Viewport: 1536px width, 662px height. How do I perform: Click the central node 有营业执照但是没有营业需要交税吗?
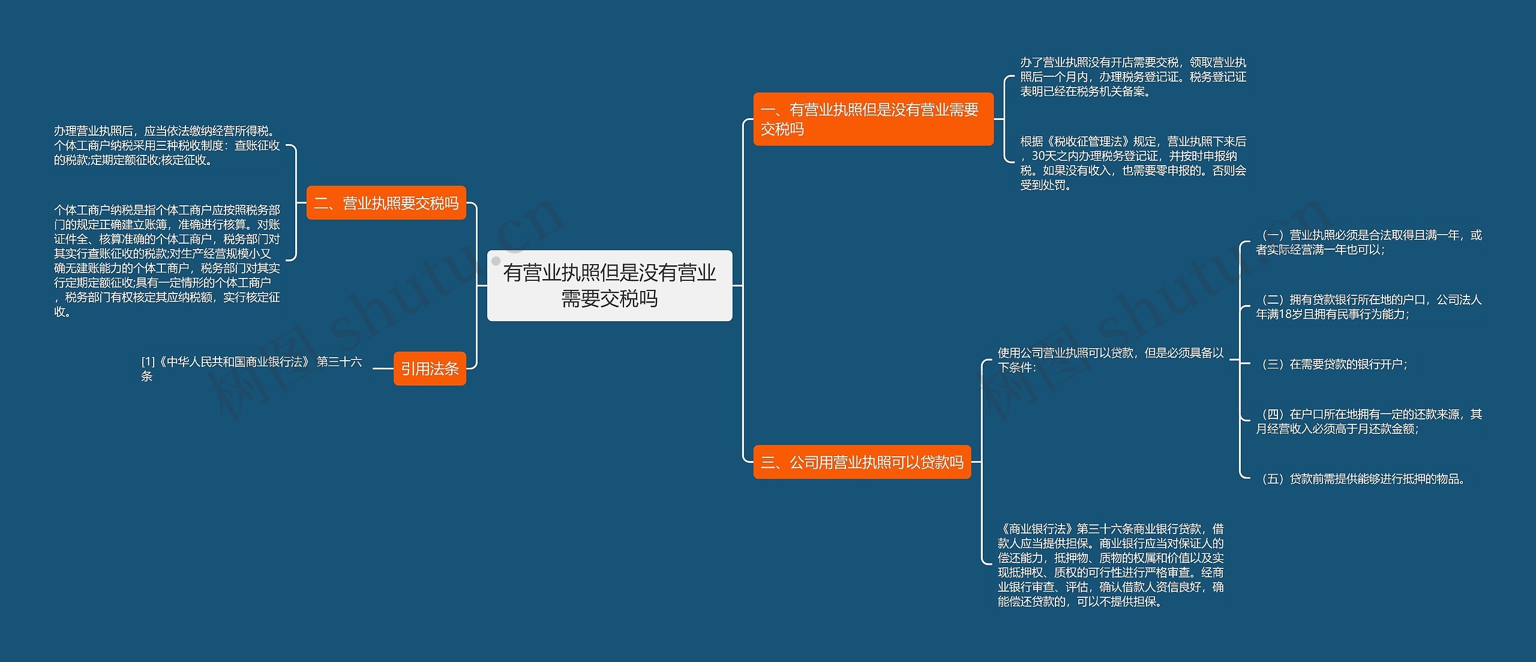(609, 286)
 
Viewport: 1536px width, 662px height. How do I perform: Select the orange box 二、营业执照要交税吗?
(386, 203)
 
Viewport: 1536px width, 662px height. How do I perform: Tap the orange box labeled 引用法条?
(429, 369)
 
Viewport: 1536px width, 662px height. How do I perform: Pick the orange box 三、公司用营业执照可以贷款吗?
(862, 462)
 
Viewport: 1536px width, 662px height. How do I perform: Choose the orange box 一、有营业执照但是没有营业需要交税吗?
(872, 119)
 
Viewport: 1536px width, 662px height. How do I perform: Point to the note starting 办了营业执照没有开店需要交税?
(1133, 77)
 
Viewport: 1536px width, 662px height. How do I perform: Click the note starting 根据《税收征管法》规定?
(1133, 163)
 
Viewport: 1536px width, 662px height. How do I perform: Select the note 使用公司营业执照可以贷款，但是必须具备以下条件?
(1110, 360)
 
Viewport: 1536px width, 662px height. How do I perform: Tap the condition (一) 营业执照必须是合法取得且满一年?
(1368, 242)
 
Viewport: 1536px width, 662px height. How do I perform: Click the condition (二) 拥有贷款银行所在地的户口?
(1368, 307)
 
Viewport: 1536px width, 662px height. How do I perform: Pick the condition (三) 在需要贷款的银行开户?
(1334, 364)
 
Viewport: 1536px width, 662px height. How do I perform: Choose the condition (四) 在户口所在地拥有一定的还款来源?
(1368, 421)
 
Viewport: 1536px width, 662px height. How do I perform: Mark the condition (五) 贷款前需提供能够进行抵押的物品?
(1362, 479)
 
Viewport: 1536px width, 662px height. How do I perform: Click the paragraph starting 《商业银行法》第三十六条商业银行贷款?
(1110, 565)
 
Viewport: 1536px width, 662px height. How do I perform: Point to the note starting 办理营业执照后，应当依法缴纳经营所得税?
(167, 145)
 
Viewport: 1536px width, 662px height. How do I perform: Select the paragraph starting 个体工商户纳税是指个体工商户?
(167, 260)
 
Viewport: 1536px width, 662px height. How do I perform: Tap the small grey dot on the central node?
(496, 261)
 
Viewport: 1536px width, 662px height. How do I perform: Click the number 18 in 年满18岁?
(1286, 314)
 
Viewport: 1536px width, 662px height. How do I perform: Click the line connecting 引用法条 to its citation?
(383, 369)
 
